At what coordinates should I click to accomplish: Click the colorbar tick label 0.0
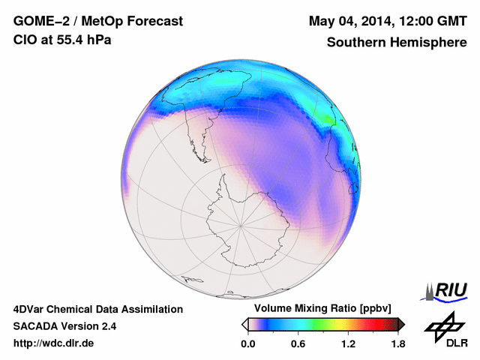pos(248,344)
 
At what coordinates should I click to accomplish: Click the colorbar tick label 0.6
pos(298,344)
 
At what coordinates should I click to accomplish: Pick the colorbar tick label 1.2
pos(348,344)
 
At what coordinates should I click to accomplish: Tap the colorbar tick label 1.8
pos(397,344)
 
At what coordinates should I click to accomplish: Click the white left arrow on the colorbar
pos(244,324)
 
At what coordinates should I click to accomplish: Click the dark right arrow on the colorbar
pos(401,324)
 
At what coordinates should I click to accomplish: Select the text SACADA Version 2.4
pos(64,326)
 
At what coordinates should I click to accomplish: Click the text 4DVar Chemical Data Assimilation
pos(97,309)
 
